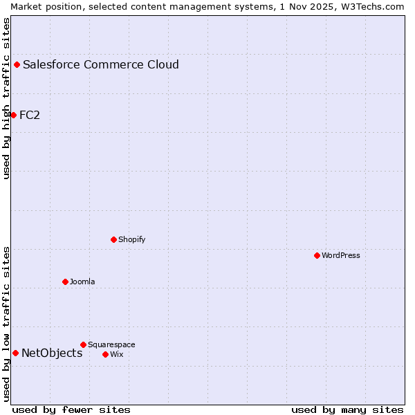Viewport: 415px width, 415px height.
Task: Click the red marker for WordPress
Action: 317,255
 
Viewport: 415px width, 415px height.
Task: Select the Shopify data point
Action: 114,239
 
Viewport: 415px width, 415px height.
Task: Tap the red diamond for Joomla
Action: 65,282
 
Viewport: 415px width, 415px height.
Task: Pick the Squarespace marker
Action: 83,344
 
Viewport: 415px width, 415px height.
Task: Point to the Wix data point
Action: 105,354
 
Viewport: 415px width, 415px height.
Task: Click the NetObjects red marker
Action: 15,353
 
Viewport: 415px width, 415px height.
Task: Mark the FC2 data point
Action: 13,115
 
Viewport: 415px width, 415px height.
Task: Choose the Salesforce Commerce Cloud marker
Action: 17,64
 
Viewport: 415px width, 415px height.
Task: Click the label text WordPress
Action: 341,255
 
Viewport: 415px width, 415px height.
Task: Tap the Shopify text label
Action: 132,239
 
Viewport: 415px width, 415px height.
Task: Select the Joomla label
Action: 82,282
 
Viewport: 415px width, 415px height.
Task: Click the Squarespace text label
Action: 111,344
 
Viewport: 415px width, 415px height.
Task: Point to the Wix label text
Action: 117,354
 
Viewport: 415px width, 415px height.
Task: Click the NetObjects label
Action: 52,353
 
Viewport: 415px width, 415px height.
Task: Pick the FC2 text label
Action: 30,115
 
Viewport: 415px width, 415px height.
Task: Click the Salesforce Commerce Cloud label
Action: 101,64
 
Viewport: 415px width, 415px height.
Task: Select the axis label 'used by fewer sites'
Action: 71,409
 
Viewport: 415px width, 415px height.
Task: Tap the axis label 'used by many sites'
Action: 347,409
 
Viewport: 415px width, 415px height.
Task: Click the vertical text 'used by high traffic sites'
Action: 6,98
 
